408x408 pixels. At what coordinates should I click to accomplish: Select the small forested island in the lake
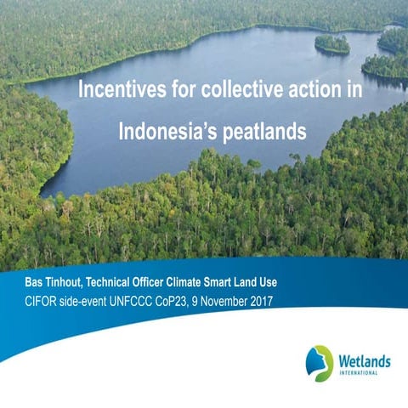click(331, 43)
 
